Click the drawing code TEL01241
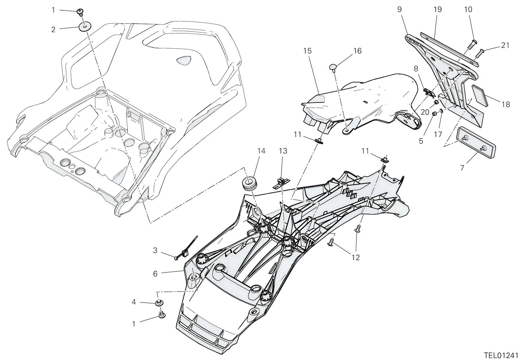tap(501, 355)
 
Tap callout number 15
tap(307, 51)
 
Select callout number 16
tap(357, 51)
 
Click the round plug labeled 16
tap(333, 67)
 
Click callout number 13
tap(283, 151)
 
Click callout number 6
tap(155, 274)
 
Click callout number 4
tap(134, 302)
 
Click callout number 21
tap(505, 45)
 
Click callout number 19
tap(438, 9)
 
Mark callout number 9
tap(399, 9)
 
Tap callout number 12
tap(356, 258)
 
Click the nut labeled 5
tap(435, 114)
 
